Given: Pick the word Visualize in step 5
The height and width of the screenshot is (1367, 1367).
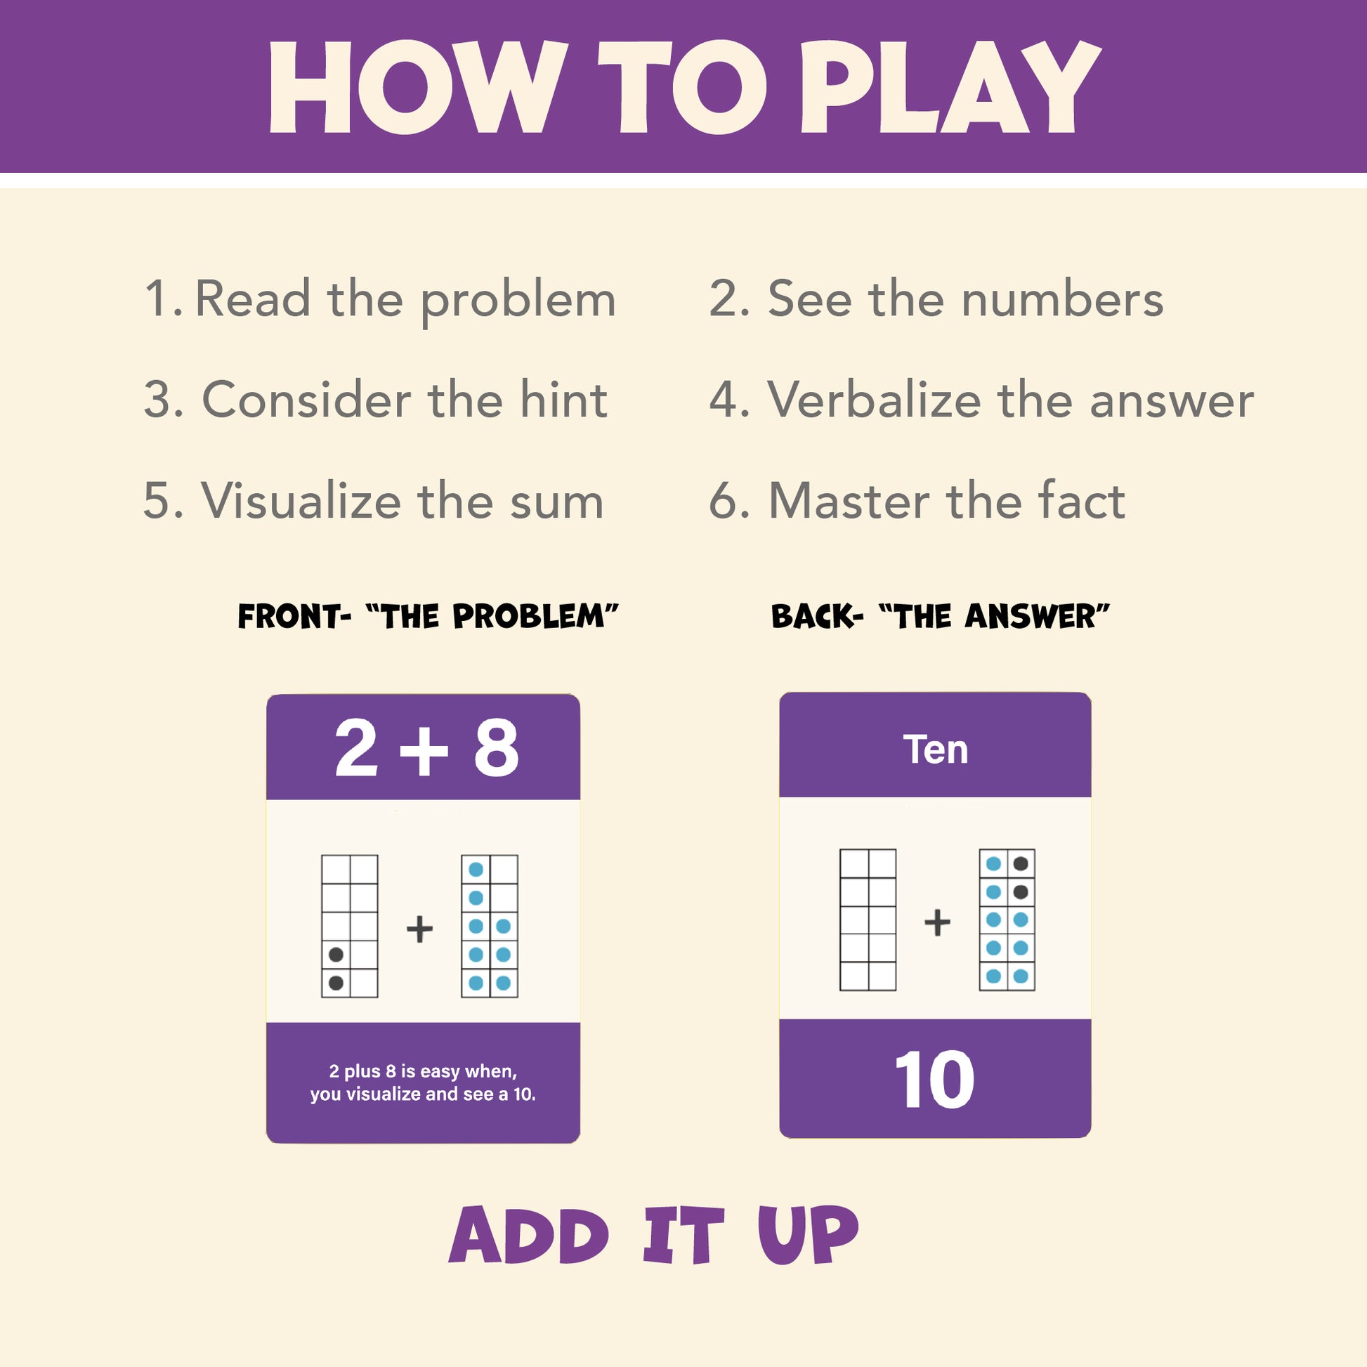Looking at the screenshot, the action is coord(302,500).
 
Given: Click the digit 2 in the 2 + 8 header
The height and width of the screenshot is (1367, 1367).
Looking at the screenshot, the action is coord(356,748).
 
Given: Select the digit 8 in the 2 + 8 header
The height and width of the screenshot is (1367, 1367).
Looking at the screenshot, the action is coord(496,748).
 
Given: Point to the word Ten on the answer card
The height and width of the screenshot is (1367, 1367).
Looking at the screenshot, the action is coord(936,750).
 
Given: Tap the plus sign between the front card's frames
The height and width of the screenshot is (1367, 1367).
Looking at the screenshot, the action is coord(419,929).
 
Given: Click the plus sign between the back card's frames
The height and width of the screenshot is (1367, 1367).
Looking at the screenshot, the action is coord(938,922).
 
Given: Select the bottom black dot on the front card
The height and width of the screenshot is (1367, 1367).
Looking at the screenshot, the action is coord(336,983).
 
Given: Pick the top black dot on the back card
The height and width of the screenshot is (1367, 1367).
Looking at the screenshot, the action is coord(1020,863).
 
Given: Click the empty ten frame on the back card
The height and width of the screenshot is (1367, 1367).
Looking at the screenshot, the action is coord(868,920).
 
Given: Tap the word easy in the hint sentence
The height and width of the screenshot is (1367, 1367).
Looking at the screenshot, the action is coord(440,1072).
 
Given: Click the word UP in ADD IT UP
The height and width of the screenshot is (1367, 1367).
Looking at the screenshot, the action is coord(808,1235).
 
